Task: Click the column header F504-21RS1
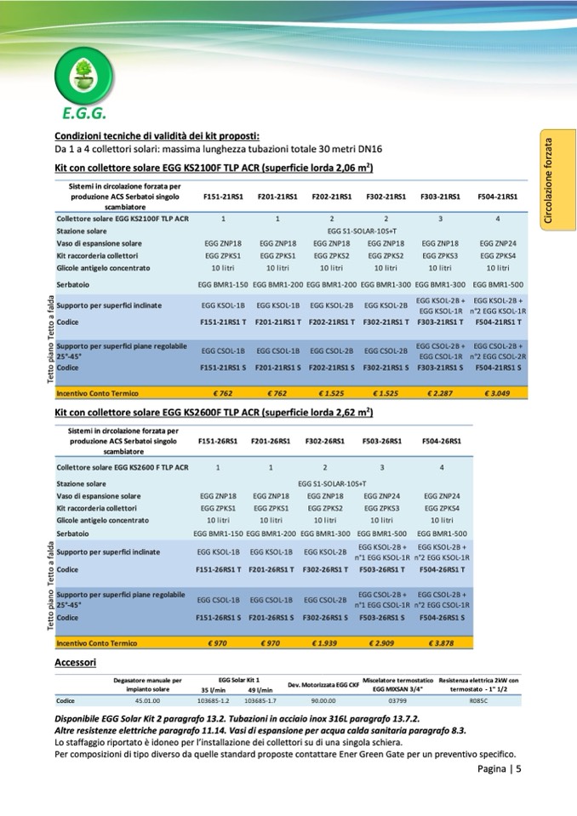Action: tap(498, 197)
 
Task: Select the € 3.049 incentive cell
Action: tap(498, 393)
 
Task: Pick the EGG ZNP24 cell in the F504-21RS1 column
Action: tap(498, 243)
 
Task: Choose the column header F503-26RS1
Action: tap(382, 442)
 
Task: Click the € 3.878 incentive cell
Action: tap(442, 643)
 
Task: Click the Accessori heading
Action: tap(75, 661)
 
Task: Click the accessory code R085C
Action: tap(478, 701)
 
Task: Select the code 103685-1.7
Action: tap(260, 701)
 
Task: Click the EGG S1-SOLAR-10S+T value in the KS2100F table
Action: tap(358, 231)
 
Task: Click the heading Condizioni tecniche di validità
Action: tap(157, 136)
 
